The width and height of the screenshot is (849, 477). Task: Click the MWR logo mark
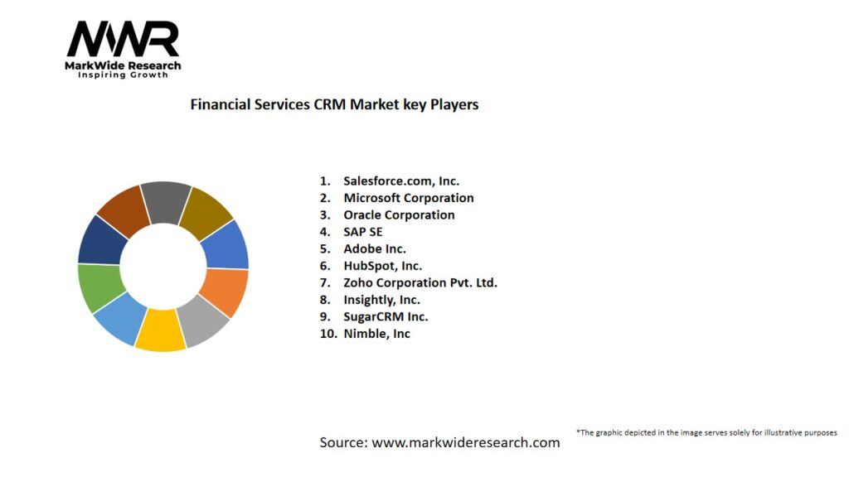[x=123, y=39]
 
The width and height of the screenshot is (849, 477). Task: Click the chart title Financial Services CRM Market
[x=334, y=105]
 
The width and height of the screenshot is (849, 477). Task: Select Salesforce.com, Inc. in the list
[x=401, y=181]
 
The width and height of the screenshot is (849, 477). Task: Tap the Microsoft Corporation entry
[x=409, y=198]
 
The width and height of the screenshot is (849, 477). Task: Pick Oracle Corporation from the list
[x=399, y=214]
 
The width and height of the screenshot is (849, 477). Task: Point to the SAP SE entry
[x=363, y=232]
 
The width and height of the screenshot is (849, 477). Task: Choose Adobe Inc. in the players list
[x=375, y=248]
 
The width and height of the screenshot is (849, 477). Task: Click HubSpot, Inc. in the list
[x=382, y=266]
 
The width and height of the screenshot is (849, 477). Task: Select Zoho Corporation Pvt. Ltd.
[x=420, y=282]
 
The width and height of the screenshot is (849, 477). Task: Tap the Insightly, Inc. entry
[x=381, y=300]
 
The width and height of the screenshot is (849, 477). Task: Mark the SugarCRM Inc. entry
[x=386, y=316]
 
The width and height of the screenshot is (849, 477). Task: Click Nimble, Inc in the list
[x=376, y=334]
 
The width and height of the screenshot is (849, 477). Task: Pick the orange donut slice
[x=225, y=291]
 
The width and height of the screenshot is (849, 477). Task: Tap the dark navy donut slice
[x=100, y=239]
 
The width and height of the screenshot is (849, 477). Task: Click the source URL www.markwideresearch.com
[x=465, y=442]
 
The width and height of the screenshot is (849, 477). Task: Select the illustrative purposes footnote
[x=706, y=432]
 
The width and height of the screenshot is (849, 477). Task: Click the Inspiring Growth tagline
[x=123, y=75]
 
